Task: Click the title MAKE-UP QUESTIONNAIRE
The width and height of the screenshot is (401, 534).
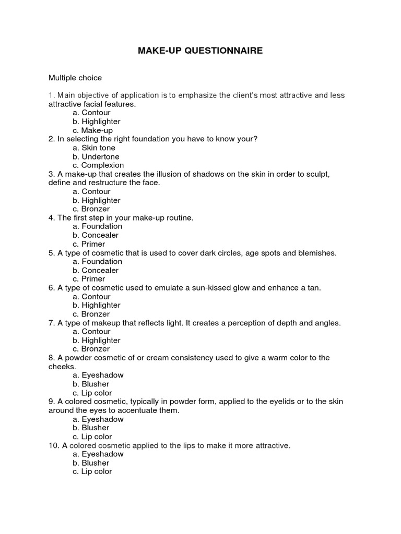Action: (200, 51)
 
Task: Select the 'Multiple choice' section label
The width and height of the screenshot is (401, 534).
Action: (75, 78)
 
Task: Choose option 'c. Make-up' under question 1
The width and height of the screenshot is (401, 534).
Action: (92, 130)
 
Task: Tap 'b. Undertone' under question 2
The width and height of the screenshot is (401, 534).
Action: (96, 156)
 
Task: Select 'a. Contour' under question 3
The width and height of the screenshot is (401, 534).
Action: (92, 191)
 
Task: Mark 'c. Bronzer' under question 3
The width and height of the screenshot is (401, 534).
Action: (91, 209)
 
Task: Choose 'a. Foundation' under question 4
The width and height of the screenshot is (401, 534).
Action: (98, 226)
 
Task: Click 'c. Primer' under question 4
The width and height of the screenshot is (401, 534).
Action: (89, 244)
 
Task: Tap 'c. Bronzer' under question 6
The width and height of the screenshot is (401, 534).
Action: (91, 314)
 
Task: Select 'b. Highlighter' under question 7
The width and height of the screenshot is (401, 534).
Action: (97, 340)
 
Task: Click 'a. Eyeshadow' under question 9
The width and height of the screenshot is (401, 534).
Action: (98, 419)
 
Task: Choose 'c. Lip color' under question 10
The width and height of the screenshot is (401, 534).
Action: (92, 471)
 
